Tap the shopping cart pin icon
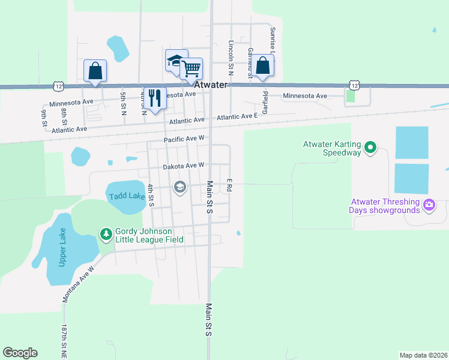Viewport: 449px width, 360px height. (191, 68)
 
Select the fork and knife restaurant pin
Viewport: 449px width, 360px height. (155, 97)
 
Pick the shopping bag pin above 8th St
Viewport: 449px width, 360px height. (95, 70)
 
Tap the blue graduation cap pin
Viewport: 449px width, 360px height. (175, 60)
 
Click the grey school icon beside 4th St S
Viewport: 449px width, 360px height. (179, 188)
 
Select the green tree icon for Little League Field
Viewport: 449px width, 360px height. (106, 233)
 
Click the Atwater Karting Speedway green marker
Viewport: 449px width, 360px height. (370, 146)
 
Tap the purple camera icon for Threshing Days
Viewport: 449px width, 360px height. (429, 205)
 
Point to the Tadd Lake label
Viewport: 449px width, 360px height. (125, 196)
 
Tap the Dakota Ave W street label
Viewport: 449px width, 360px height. (184, 165)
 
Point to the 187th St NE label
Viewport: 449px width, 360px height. (64, 341)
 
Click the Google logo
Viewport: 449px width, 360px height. (20, 353)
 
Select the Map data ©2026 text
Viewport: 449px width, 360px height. (423, 355)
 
